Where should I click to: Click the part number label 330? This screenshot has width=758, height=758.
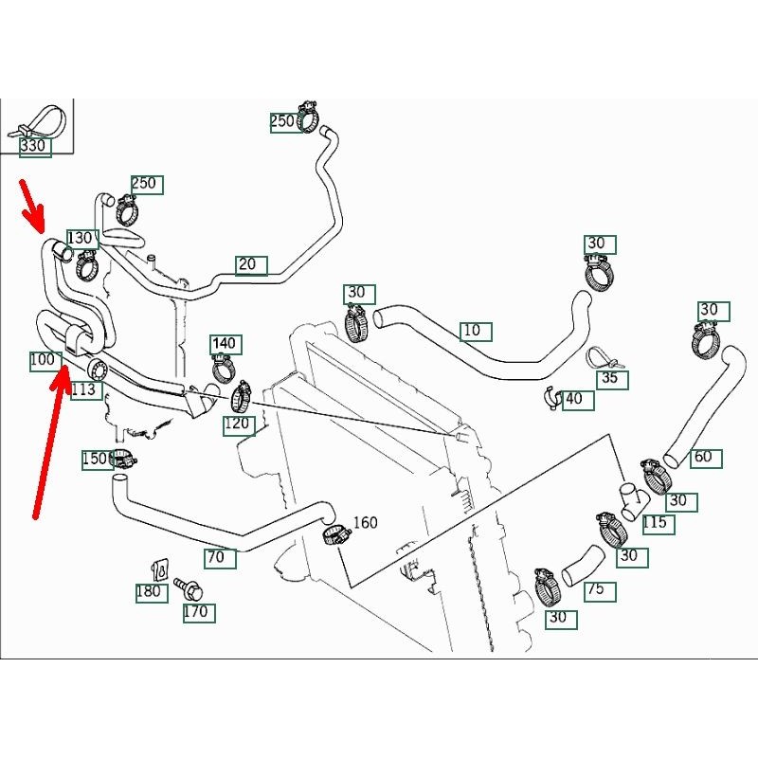click(x=32, y=146)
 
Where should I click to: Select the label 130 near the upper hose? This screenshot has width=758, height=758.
click(x=81, y=237)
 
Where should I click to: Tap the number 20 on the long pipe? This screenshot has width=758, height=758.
click(x=248, y=264)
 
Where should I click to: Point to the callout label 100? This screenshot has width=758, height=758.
click(x=43, y=360)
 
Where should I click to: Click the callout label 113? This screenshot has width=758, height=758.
click(x=84, y=389)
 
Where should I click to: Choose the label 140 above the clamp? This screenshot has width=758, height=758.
click(x=225, y=343)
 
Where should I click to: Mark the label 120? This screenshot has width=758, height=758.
click(x=237, y=424)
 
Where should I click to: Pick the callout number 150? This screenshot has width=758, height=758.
click(x=96, y=459)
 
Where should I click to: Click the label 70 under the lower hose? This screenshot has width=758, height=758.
click(x=216, y=557)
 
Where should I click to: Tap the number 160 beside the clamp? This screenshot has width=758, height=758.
click(x=365, y=522)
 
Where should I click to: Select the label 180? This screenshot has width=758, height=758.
click(x=149, y=592)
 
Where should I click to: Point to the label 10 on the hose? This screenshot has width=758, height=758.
click(x=473, y=331)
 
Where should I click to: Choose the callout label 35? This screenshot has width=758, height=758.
click(x=610, y=378)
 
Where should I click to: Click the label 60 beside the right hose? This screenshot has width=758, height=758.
click(x=703, y=457)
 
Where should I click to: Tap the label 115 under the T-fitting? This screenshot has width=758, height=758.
click(x=654, y=522)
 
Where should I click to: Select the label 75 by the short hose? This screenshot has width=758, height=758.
click(x=595, y=589)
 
